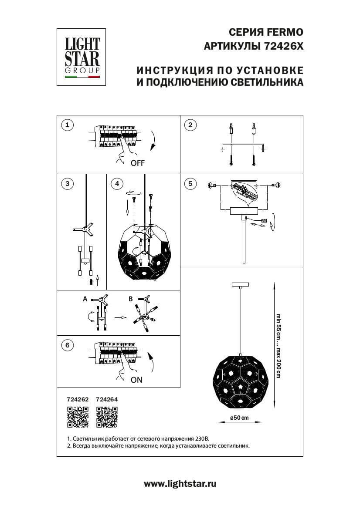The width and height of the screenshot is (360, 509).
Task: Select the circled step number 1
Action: click(67, 125)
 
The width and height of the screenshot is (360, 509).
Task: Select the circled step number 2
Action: click(190, 125)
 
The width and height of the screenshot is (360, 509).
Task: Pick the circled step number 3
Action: click(67, 183)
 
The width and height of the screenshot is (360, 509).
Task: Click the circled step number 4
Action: click(116, 183)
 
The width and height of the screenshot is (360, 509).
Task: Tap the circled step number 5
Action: click(190, 183)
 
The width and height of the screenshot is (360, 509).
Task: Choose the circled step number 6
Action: click(67, 346)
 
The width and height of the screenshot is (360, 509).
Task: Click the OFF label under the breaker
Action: click(137, 164)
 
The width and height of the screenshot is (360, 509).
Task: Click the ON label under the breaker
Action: click(136, 380)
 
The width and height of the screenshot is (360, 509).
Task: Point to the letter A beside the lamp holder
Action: click(85, 299)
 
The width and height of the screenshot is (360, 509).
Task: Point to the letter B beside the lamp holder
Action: click(130, 299)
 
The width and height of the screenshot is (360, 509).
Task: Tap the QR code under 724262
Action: click(77, 417)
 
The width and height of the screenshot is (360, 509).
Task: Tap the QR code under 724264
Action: click(107, 417)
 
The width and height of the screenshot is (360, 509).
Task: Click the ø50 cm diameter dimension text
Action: click(239, 418)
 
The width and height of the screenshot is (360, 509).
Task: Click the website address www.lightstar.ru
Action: click(180, 483)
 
